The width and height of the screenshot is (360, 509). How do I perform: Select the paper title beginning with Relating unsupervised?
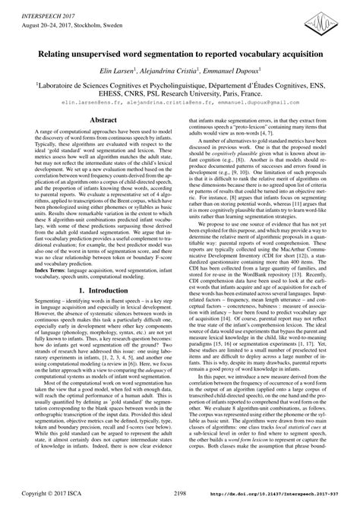pyautogui.click(x=179, y=57)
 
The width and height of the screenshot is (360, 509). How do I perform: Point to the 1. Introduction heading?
pyautogui.click(x=92, y=332)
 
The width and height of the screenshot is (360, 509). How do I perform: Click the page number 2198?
pyautogui.click(x=179, y=493)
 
